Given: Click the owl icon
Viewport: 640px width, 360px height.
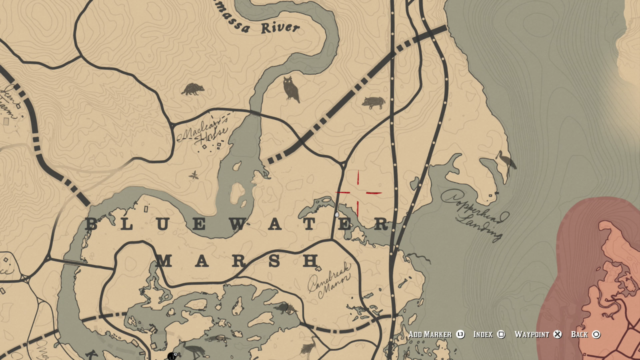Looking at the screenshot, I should [290, 89].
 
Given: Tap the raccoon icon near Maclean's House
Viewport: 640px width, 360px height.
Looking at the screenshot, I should [192, 89].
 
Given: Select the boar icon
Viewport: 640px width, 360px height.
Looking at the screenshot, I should [373, 102].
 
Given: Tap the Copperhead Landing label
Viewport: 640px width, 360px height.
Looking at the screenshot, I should [475, 214].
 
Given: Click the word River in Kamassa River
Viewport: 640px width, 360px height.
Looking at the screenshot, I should [280, 27].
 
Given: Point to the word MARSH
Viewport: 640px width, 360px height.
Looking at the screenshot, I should [237, 260].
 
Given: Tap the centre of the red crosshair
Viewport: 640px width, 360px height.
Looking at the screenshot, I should [358, 192].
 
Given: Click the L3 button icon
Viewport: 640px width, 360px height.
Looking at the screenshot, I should [460, 334].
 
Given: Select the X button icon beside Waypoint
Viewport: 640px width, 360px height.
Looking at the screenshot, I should [557, 334].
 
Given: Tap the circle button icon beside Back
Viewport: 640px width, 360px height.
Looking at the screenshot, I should [596, 334].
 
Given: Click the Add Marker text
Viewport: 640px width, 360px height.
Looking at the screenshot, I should [429, 334].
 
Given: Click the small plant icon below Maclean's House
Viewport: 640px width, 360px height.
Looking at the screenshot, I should [193, 175].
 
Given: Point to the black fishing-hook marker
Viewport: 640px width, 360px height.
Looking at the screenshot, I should [172, 356].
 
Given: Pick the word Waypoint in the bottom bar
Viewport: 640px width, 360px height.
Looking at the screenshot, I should [531, 334].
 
